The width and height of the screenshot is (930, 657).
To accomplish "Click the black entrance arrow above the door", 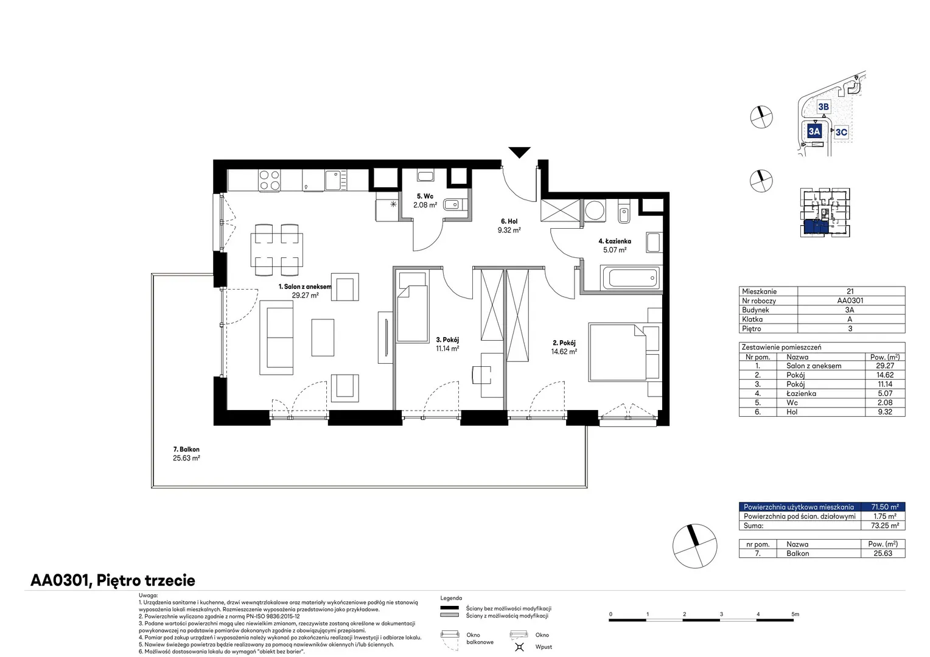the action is [x=519, y=152].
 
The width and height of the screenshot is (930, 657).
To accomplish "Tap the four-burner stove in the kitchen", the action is [x=270, y=181].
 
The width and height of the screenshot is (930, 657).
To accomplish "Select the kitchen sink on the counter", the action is [x=335, y=180].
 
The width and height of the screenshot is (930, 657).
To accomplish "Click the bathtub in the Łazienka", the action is [x=631, y=278].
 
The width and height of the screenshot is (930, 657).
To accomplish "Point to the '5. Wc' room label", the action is [x=425, y=196].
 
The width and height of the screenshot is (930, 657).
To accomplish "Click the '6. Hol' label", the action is [x=509, y=221].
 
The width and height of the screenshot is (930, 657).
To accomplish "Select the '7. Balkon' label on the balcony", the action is [x=186, y=450].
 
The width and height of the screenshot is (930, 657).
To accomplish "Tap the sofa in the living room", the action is [x=276, y=338].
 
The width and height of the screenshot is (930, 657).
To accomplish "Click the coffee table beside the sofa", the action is [x=323, y=338].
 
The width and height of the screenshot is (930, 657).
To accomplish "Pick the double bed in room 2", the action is [x=617, y=352].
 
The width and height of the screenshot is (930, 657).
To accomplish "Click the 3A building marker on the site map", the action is [x=814, y=131].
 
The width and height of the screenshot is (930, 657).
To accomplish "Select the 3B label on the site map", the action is [x=823, y=106].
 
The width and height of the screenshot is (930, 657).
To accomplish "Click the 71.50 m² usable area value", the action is [x=885, y=507].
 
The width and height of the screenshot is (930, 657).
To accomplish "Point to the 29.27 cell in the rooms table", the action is [x=885, y=366].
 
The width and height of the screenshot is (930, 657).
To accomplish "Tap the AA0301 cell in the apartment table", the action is [x=850, y=301].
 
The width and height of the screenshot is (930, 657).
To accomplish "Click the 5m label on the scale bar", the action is [x=795, y=614].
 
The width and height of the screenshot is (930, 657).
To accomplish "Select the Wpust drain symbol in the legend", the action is [x=519, y=647].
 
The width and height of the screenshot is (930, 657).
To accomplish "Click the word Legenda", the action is [x=451, y=598].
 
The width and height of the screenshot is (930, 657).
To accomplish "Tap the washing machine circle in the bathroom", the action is [x=595, y=210].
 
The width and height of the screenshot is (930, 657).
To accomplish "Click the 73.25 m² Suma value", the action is [x=885, y=526].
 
